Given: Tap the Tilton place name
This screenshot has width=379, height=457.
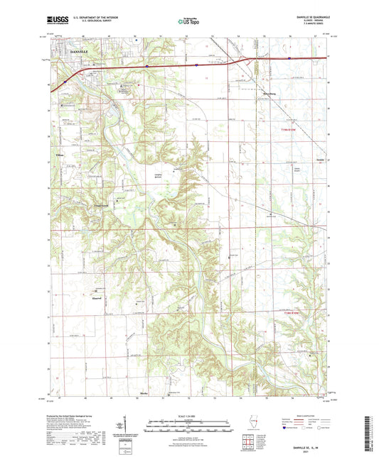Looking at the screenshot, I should point(60,154).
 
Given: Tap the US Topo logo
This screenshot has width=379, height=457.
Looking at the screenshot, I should point(188,21).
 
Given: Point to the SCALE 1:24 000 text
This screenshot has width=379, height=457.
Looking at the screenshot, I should point(188,415).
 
